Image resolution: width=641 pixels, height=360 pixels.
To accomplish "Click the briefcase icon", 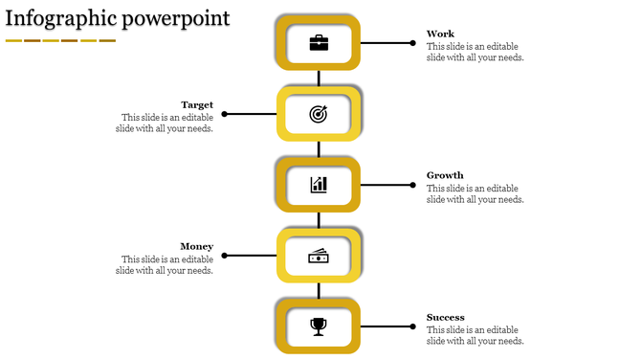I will click(319, 43).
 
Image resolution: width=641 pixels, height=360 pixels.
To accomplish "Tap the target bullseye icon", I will click(319, 114).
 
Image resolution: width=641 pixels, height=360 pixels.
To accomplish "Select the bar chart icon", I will click(319, 185).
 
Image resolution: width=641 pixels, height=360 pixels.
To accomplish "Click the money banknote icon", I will click(319, 256).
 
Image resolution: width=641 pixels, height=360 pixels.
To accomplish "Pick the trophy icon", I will click(319, 326).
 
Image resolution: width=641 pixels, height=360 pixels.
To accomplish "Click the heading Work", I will click(440, 34).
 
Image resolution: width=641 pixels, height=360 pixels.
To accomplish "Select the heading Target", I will click(197, 104).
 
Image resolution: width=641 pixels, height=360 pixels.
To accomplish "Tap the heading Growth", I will click(445, 175).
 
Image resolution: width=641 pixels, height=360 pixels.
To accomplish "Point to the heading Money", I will click(196, 246).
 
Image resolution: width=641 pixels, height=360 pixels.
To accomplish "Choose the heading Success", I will click(446, 317).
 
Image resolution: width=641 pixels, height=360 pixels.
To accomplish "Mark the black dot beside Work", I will click(413, 43).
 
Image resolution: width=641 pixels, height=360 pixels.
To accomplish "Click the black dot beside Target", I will click(224, 114).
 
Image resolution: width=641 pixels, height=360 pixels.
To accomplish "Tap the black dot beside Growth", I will click(413, 185).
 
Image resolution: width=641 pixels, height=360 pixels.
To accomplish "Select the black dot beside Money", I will click(224, 256).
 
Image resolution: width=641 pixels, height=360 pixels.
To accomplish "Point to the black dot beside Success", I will click(413, 326).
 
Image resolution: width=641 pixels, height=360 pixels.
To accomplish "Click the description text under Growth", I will click(475, 194).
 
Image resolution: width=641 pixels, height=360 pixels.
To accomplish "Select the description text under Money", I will click(165, 265).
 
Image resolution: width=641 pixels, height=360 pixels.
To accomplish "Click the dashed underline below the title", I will click(60, 40).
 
